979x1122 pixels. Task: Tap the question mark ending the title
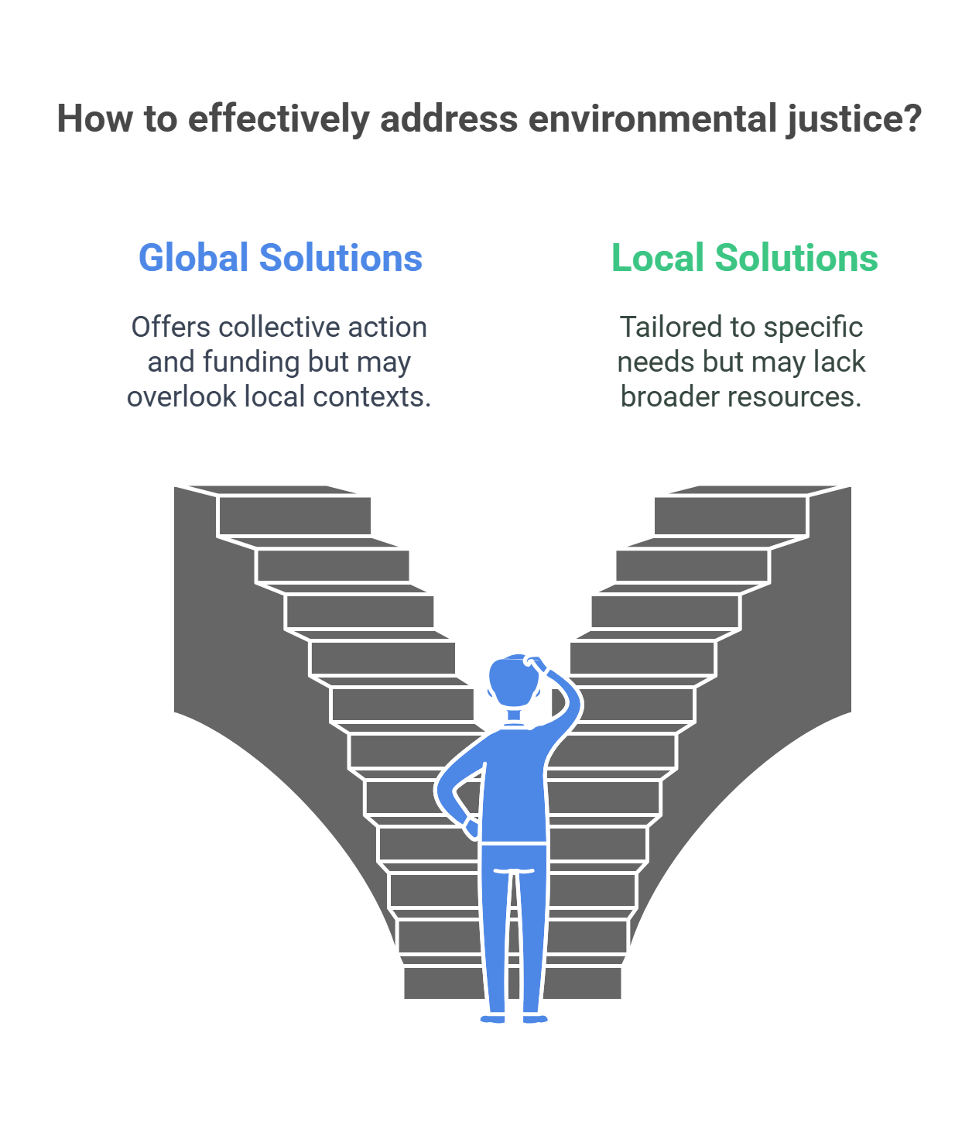tap(911, 119)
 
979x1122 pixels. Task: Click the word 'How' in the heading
tap(90, 119)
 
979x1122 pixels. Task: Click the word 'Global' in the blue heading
tap(193, 258)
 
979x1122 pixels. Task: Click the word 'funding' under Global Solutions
tap(252, 362)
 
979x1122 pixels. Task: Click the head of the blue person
tap(512, 681)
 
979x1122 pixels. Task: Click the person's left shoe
tap(493, 1018)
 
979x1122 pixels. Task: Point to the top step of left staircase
tap(294, 514)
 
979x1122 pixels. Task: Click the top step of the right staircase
tap(731, 514)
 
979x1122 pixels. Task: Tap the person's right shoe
tap(535, 1018)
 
